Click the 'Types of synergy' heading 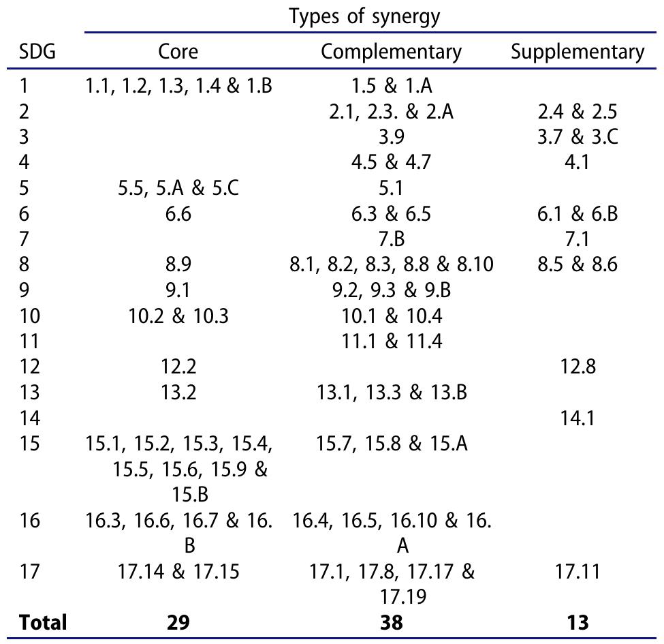(x=364, y=18)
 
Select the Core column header (x=178, y=52)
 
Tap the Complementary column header (x=391, y=52)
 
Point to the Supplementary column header (x=578, y=52)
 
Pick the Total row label (x=44, y=622)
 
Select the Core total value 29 (x=178, y=622)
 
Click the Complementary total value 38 (x=391, y=622)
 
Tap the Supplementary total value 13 (x=578, y=622)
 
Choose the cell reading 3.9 (x=391, y=137)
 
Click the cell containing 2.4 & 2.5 (x=578, y=112)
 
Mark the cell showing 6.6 (x=178, y=214)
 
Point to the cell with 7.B (x=391, y=239)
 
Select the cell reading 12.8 (x=578, y=367)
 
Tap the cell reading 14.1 (x=578, y=418)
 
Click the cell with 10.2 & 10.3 (x=178, y=316)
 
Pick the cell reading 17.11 (x=578, y=571)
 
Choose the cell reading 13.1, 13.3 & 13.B (x=391, y=393)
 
